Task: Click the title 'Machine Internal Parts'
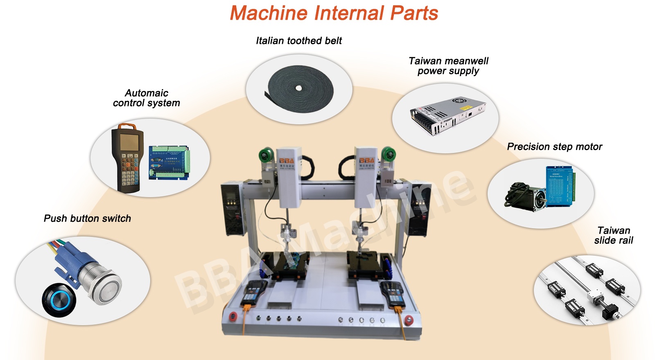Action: tap(334, 13)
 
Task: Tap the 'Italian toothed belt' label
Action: tap(298, 40)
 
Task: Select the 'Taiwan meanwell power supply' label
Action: tap(448, 66)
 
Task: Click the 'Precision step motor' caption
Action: tap(554, 146)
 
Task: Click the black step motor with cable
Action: tap(526, 197)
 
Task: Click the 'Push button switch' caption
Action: tap(87, 218)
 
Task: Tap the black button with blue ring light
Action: tap(59, 299)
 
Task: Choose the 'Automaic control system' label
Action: tap(146, 98)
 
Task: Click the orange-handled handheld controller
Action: tap(127, 157)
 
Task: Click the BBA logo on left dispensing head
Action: tap(287, 161)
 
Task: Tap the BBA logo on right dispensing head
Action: tap(367, 160)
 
